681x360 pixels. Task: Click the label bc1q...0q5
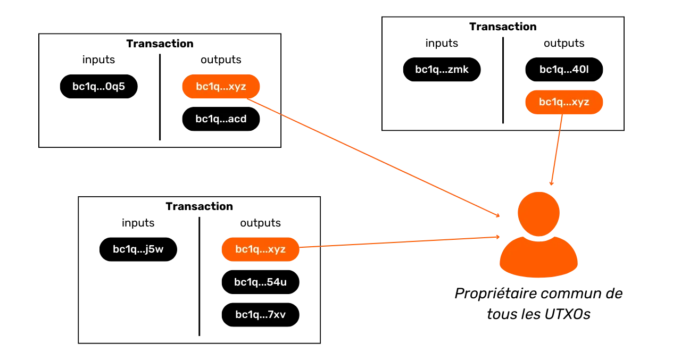(x=98, y=87)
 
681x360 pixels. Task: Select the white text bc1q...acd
(x=221, y=119)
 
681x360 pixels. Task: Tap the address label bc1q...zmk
(x=442, y=69)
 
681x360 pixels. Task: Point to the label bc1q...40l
(x=564, y=69)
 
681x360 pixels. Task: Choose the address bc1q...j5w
(x=138, y=249)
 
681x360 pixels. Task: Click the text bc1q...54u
(x=260, y=282)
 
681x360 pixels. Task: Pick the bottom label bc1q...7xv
(x=260, y=315)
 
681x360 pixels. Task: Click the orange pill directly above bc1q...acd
(x=221, y=87)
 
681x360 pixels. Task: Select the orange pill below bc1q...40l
(x=564, y=102)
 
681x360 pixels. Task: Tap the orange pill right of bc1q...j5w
(x=260, y=249)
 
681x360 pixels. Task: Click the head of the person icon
(x=538, y=213)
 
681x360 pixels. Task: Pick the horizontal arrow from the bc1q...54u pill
(x=399, y=241)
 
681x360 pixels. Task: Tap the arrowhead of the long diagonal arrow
(x=499, y=216)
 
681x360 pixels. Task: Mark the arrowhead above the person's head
(x=552, y=183)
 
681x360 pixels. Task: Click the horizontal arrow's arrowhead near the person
(x=498, y=237)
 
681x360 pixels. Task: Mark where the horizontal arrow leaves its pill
(x=301, y=247)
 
